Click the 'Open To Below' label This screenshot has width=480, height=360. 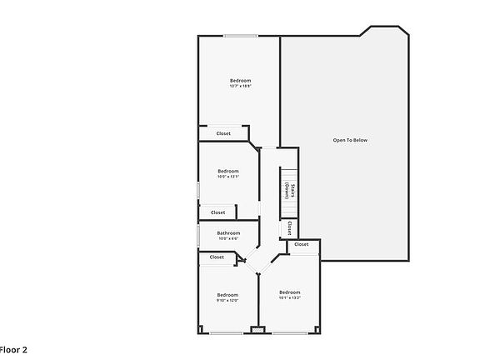pos(350,140)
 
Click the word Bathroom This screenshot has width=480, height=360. pos(228,232)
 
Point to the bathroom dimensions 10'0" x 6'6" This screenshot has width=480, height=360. pos(228,239)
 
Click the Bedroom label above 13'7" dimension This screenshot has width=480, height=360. pos(240,80)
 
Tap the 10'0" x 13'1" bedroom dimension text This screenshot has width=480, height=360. pos(228,177)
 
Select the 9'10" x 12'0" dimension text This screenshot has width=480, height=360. pos(228,301)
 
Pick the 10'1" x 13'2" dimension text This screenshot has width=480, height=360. pos(289,297)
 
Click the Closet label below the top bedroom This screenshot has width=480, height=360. pos(223,133)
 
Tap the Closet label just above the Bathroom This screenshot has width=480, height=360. pos(217,212)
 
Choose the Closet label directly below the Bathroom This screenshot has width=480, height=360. pos(217,257)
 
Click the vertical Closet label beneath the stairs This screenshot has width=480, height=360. pos(288,227)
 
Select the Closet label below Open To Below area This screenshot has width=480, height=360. pos(301,244)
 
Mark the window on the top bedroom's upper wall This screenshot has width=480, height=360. pos(239,35)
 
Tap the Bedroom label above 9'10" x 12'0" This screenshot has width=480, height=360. pos(228,294)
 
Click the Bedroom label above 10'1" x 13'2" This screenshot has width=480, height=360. pos(289,292)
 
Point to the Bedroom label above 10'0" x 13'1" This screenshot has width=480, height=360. pos(228,171)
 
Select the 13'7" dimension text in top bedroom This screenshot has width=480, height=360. pos(233,86)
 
